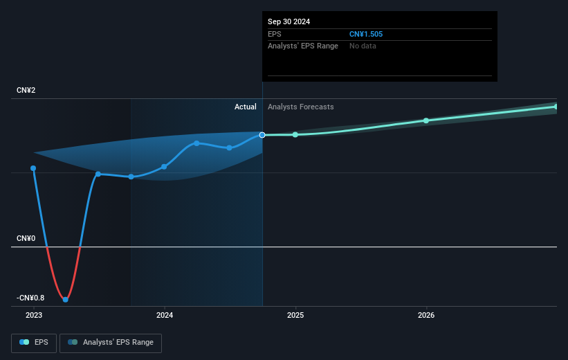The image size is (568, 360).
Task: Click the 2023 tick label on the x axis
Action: click(x=33, y=315)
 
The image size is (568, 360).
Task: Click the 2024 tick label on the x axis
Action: click(x=165, y=315)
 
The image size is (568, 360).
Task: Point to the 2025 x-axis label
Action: click(x=295, y=315)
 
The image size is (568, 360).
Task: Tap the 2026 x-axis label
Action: click(x=426, y=315)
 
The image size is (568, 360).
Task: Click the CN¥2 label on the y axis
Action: click(x=26, y=91)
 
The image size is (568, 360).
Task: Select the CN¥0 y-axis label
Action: click(x=26, y=239)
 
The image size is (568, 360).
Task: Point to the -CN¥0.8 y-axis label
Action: click(x=30, y=298)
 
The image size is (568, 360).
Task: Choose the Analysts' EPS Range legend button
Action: click(x=111, y=342)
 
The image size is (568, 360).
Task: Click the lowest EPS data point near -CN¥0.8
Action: click(x=66, y=300)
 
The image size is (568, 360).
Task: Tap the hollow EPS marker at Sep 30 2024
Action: click(x=262, y=135)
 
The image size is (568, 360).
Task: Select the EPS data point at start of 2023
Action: click(x=33, y=168)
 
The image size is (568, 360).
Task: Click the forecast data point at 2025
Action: click(x=295, y=134)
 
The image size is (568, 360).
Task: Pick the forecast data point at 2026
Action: click(x=426, y=120)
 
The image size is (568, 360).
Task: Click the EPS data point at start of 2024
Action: click(x=164, y=167)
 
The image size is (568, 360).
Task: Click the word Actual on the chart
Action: click(x=245, y=107)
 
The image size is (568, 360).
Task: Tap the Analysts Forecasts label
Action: click(x=300, y=107)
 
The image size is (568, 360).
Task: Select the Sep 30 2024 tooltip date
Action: click(x=289, y=21)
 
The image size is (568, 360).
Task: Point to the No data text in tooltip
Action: click(x=363, y=46)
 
